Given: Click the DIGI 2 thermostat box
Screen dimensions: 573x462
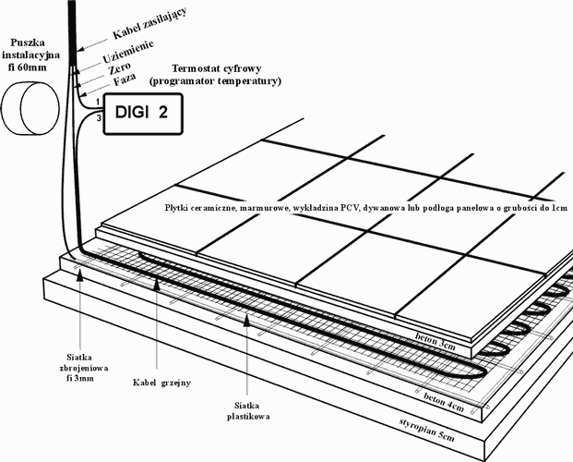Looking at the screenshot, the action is (143, 114).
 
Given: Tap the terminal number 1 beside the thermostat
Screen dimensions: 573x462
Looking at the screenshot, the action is (98, 102).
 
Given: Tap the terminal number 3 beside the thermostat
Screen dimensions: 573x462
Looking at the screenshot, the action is (99, 118).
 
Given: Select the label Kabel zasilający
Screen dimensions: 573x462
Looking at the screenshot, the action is (149, 23).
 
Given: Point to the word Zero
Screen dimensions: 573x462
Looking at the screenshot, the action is (120, 68).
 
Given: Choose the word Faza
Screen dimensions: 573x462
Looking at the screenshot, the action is (125, 79).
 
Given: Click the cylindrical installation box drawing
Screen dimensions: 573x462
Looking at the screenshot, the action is (30, 109).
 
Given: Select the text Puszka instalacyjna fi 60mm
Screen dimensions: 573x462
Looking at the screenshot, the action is (30, 55).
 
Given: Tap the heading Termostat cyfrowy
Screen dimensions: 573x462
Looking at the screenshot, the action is (216, 68).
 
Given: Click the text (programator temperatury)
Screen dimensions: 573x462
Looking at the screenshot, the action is (215, 81).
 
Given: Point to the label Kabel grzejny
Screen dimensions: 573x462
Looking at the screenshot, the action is (161, 383).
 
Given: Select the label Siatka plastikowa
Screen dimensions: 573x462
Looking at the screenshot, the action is (248, 411).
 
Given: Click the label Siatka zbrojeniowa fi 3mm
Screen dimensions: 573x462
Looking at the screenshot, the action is (84, 368).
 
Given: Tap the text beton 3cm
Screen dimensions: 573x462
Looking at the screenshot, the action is (436, 341).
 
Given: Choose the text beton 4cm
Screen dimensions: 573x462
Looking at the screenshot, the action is (444, 402).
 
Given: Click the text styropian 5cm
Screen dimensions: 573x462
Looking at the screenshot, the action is (427, 429).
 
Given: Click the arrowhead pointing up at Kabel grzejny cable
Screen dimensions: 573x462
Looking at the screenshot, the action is (157, 284).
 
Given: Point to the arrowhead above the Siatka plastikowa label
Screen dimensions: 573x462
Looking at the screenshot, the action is (247, 319).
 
